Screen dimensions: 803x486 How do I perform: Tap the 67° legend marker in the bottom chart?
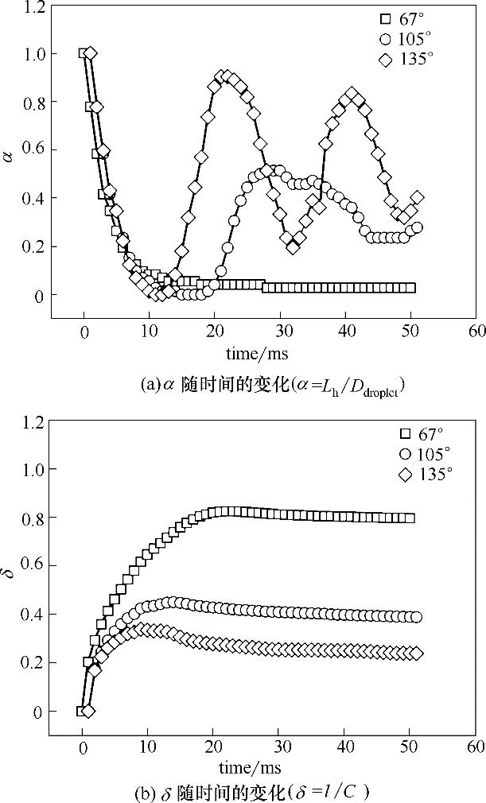point(405,433)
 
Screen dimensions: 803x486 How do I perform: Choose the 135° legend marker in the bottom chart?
point(405,475)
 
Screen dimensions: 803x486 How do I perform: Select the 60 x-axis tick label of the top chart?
point(476,335)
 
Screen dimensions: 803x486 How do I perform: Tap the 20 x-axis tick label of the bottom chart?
point(212,747)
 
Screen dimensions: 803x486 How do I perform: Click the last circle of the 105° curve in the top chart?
point(417,227)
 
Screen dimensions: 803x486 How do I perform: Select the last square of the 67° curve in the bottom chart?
point(410,518)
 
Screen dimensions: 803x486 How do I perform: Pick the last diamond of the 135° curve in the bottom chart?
point(416,653)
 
